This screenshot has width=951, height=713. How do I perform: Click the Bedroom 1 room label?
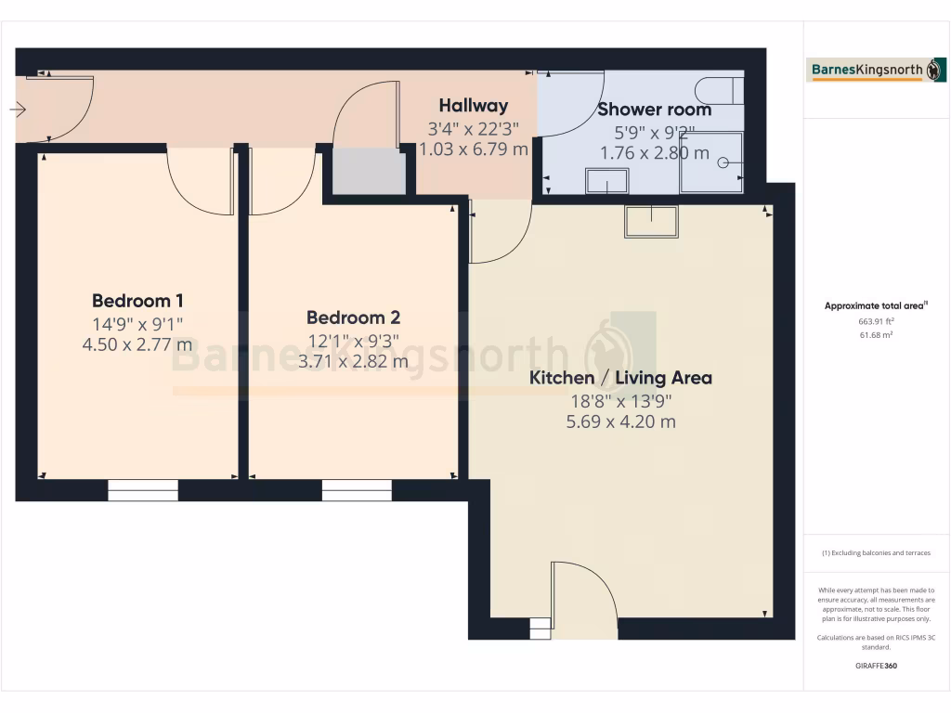[x=137, y=300]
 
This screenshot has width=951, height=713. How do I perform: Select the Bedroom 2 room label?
[x=353, y=318]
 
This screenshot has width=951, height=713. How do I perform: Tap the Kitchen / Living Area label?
[x=620, y=378]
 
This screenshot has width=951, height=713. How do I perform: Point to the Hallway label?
[x=474, y=105]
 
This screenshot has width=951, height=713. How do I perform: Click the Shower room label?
[x=654, y=110]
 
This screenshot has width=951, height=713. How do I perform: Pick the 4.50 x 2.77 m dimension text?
[x=137, y=344]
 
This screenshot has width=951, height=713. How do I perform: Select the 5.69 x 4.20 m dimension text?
[x=620, y=421]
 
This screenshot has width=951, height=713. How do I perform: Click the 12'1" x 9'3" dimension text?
[x=353, y=341]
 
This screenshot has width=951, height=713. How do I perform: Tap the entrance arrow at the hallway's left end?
[x=18, y=110]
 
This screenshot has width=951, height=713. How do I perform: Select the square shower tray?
[x=711, y=162]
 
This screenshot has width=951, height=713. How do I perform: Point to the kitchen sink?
[x=651, y=221]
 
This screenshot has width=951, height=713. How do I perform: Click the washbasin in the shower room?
[x=606, y=181]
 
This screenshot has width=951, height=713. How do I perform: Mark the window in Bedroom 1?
[x=143, y=489]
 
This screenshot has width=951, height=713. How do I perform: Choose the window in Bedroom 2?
[x=357, y=489]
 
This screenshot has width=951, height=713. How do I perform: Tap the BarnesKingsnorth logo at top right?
[x=866, y=71]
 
